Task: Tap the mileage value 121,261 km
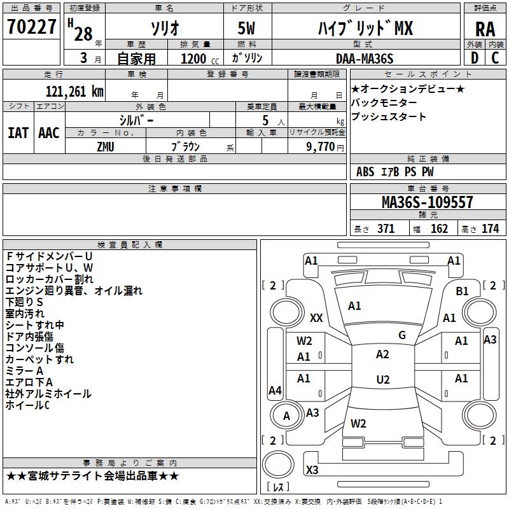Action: [75, 91]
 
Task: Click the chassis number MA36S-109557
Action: [427, 202]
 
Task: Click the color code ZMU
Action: [106, 146]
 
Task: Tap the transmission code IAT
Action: [18, 132]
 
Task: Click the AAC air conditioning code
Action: [49, 132]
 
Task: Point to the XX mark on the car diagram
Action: [316, 317]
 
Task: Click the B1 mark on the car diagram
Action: [462, 291]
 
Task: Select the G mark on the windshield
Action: [402, 335]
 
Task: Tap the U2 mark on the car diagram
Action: [382, 380]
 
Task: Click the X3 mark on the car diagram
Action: [312, 470]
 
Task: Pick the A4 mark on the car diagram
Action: [275, 391]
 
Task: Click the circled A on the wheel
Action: [286, 416]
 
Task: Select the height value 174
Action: [490, 229]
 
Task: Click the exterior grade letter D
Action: [474, 58]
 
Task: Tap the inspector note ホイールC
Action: [27, 405]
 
